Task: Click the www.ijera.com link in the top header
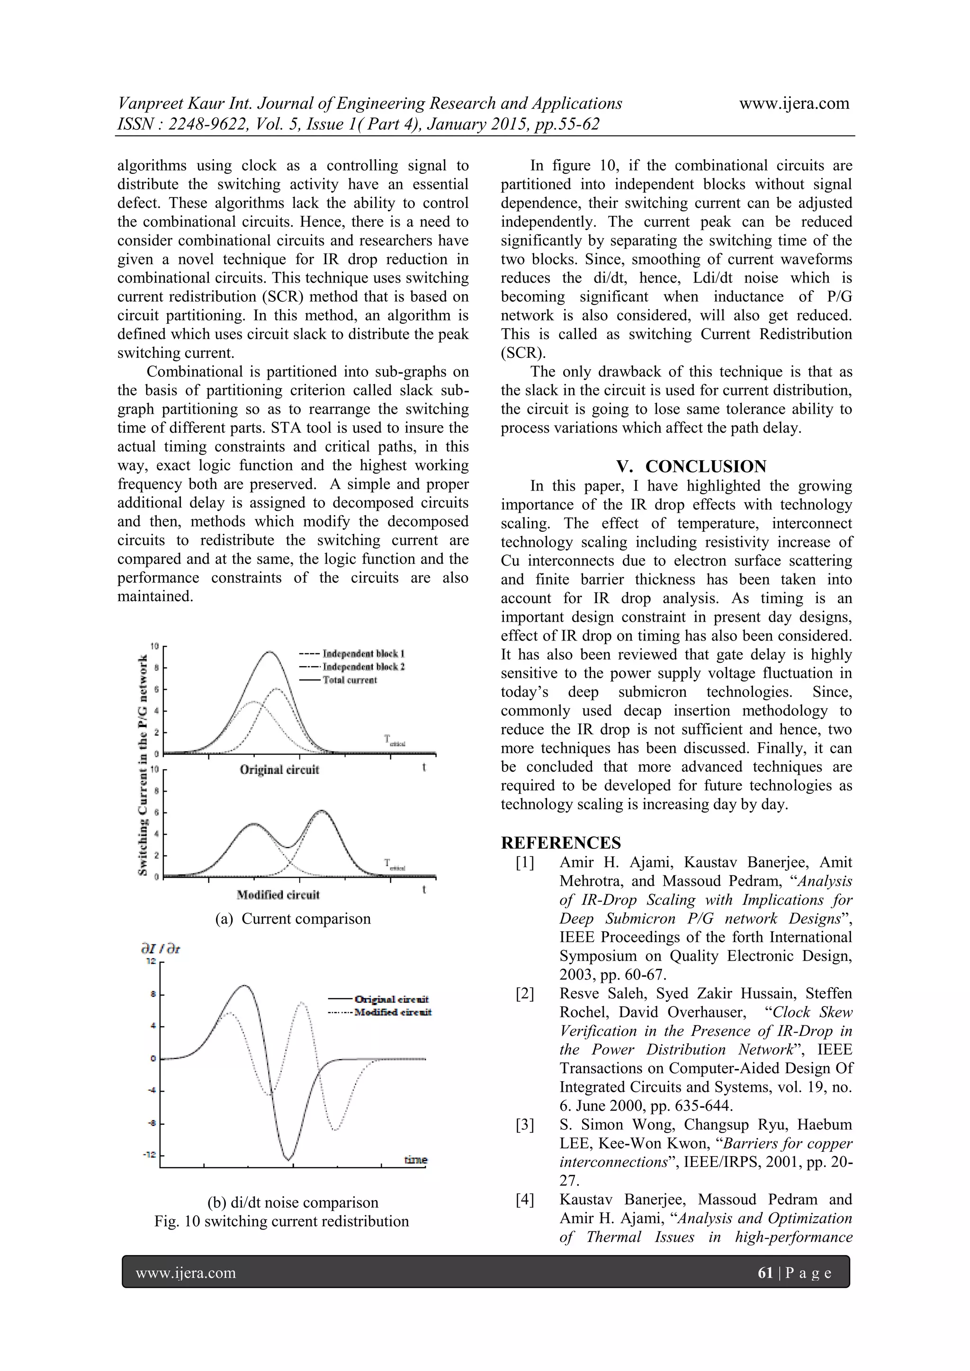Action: tap(794, 103)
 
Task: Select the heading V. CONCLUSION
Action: tap(691, 466)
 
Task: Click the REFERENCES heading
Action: tap(561, 843)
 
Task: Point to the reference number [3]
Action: tap(525, 1125)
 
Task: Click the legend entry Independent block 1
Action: tap(363, 654)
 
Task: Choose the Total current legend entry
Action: tap(350, 680)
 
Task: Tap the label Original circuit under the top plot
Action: tap(279, 769)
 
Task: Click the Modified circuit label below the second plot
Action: tap(278, 894)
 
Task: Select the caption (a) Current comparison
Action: tap(293, 918)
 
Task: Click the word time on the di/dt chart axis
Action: tap(416, 1159)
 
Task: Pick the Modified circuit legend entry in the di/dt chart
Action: tap(393, 1012)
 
